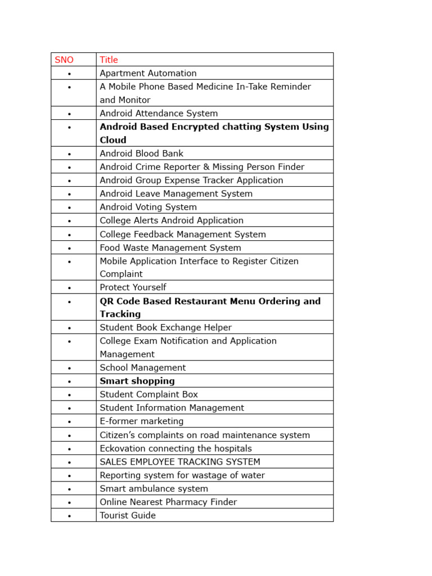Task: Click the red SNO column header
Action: pyautogui.click(x=64, y=60)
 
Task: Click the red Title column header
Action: pyautogui.click(x=109, y=60)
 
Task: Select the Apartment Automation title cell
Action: pyautogui.click(x=148, y=73)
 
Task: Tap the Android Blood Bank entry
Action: pyautogui.click(x=141, y=154)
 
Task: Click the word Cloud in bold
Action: pyautogui.click(x=113, y=140)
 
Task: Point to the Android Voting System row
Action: pyautogui.click(x=148, y=207)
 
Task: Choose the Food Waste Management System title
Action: pyautogui.click(x=170, y=247)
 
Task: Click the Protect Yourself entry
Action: pyautogui.click(x=133, y=287)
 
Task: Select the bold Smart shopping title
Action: pyautogui.click(x=137, y=381)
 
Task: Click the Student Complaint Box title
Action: pyautogui.click(x=148, y=394)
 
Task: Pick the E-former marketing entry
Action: pyautogui.click(x=141, y=421)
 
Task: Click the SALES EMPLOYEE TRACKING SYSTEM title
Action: pyautogui.click(x=179, y=462)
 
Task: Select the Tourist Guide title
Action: pyautogui.click(x=128, y=515)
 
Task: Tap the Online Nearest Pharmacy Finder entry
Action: pyautogui.click(x=168, y=502)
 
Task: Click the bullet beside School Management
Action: pyautogui.click(x=70, y=368)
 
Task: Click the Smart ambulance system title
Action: pyautogui.click(x=154, y=489)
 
